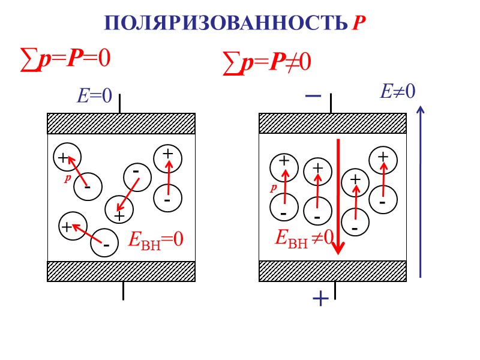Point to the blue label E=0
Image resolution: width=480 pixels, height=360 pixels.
pos(94,96)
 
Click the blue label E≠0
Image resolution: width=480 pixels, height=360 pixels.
pos(398,91)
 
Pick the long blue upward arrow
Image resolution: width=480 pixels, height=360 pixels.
pos(420,192)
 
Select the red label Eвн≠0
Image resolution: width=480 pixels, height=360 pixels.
pos(304,238)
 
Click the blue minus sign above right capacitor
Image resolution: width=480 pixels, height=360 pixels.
pos(313,95)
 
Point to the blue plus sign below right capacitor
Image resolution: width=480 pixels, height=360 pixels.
pos(320,298)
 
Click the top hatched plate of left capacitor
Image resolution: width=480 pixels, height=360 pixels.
pos(121,124)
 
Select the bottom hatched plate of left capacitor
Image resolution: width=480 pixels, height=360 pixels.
pos(121,271)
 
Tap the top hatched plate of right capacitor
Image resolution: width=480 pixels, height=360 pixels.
pos(332,124)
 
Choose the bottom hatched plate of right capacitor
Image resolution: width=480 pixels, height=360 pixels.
pos(332,271)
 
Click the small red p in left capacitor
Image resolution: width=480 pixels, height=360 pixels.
pos(68,178)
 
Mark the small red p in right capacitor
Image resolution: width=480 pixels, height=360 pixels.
pos(273,188)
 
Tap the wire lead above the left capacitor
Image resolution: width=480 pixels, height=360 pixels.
pos(120,103)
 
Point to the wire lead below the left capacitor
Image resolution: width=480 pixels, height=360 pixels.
pos(123,290)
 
